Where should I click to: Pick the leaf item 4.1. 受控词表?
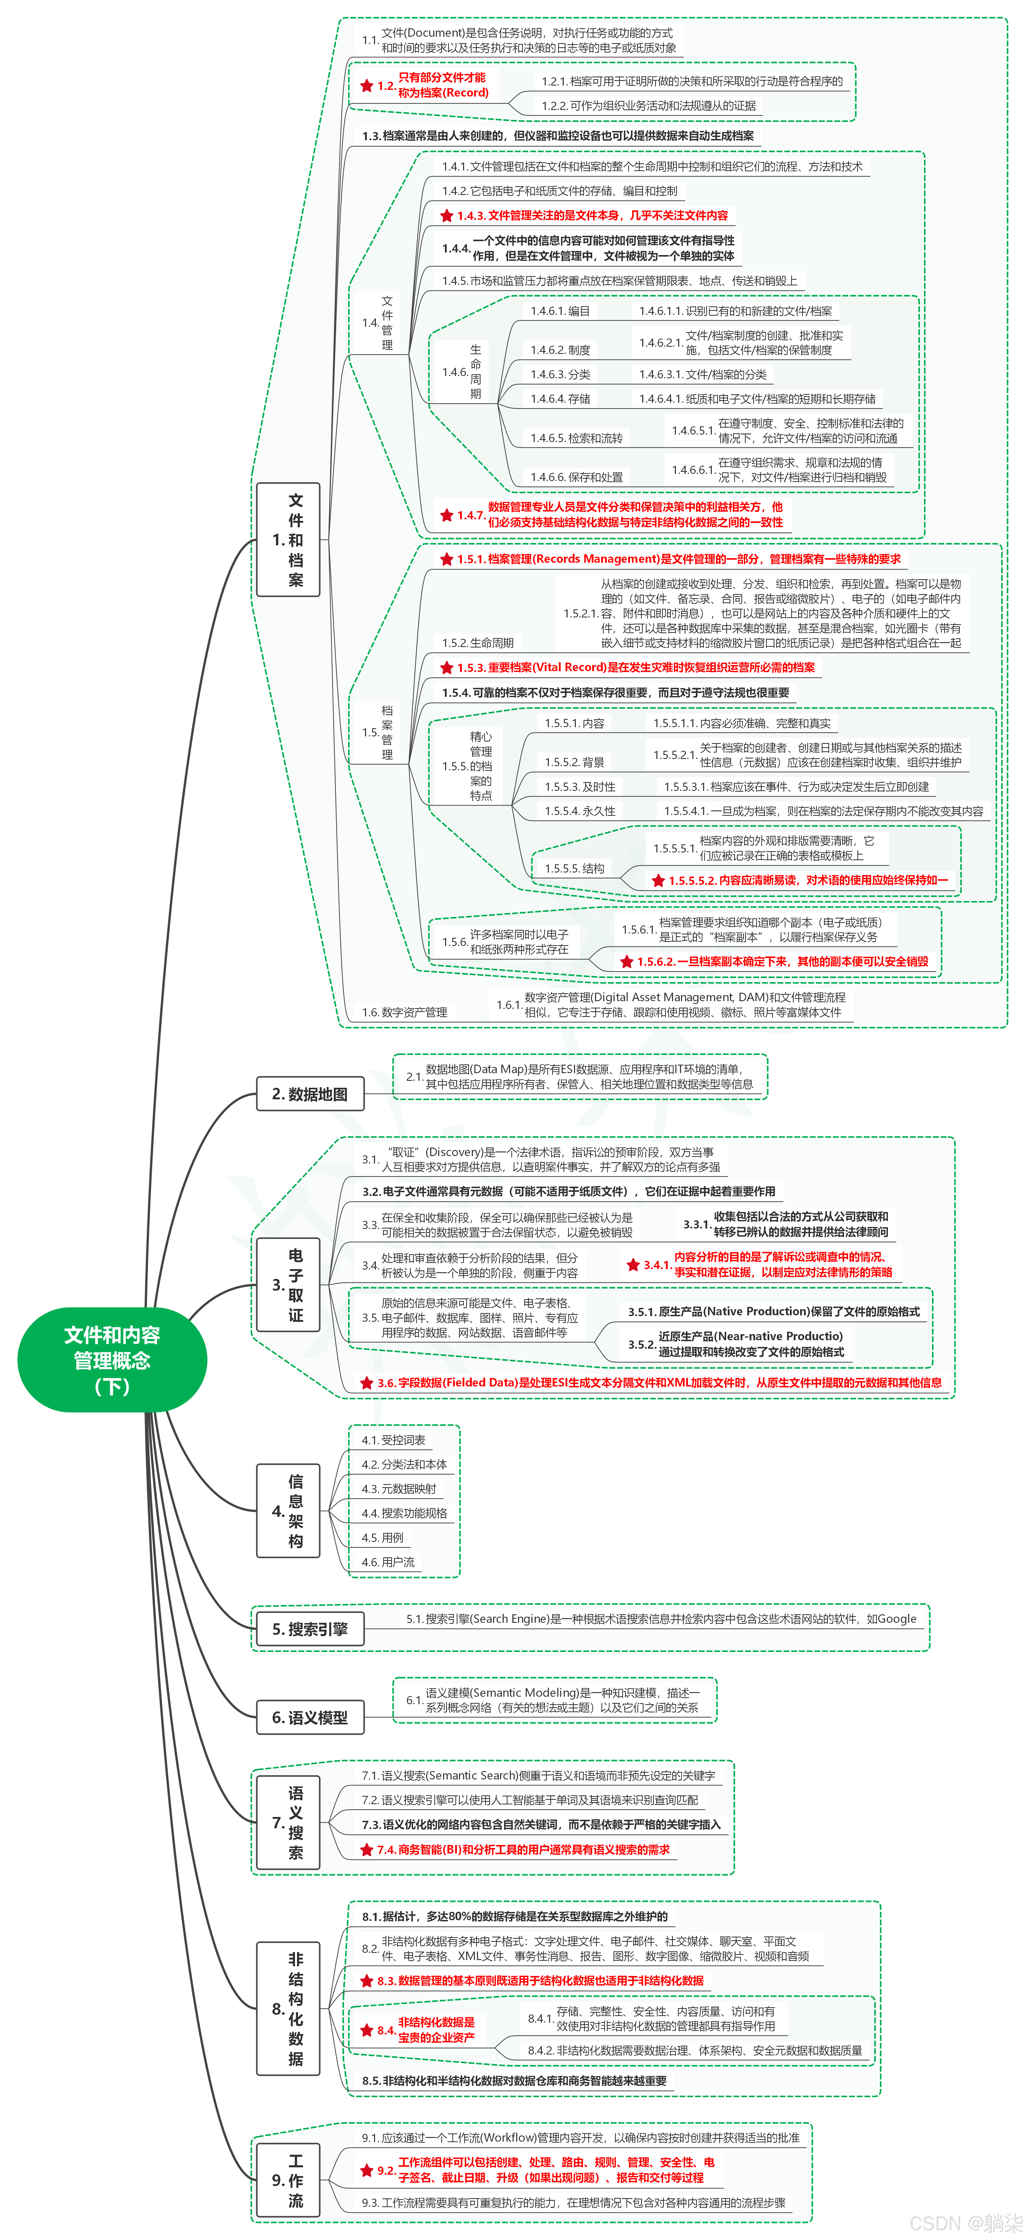click(x=394, y=1440)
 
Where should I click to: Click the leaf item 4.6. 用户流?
click(x=389, y=1562)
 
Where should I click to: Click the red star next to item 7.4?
click(x=367, y=1850)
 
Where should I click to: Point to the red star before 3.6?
click(x=367, y=1383)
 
